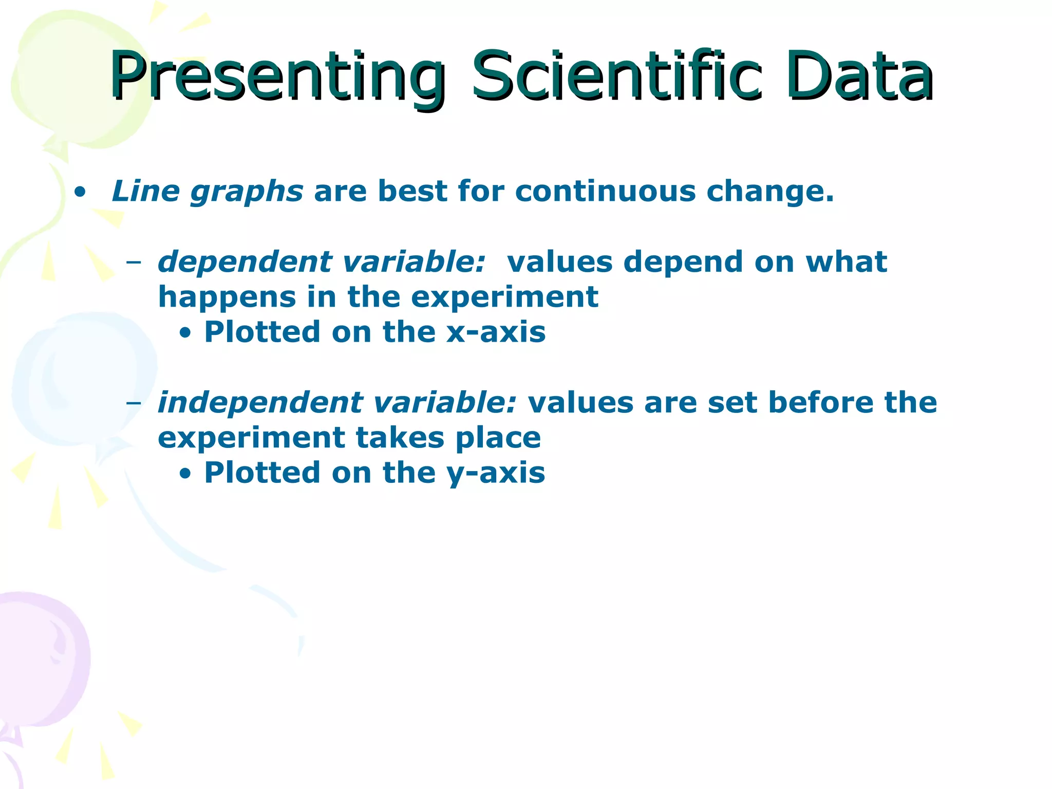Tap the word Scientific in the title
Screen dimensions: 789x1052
point(616,76)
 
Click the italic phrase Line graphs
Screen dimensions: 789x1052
point(207,192)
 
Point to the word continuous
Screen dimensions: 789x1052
point(605,191)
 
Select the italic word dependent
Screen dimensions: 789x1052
point(245,262)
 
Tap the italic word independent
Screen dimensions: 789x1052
point(259,402)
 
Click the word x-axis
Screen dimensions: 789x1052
point(496,332)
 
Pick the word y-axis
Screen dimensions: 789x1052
point(496,473)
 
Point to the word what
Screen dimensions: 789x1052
point(846,261)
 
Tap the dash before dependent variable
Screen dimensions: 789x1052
point(134,262)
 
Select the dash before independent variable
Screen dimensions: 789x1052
point(134,403)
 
